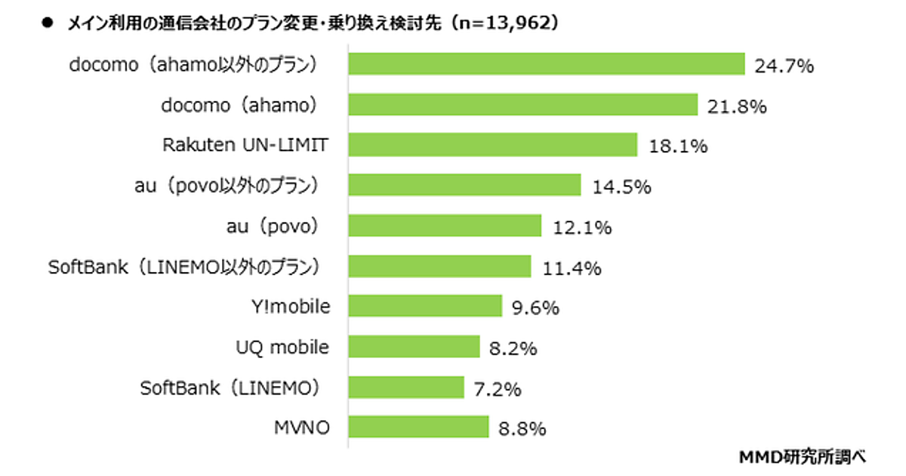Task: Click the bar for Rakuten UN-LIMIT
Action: point(492,145)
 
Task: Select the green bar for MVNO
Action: point(418,428)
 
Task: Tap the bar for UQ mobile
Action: point(414,347)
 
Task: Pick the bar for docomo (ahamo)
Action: point(522,105)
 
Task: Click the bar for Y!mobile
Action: point(425,306)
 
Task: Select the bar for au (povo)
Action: point(445,226)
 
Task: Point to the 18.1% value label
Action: point(677,146)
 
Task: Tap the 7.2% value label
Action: point(498,388)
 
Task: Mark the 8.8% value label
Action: point(522,428)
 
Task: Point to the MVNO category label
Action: point(304,428)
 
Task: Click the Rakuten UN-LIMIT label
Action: point(246,145)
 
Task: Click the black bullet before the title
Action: point(47,23)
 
